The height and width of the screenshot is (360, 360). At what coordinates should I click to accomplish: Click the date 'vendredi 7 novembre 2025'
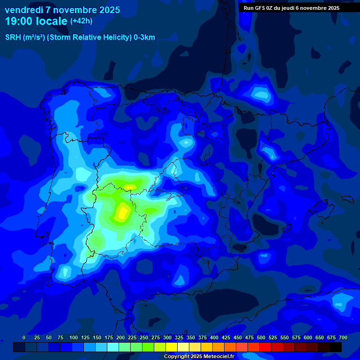(x=62, y=10)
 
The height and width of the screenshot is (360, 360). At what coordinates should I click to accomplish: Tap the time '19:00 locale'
(x=37, y=21)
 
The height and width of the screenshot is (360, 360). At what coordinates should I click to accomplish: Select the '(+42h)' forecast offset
(x=81, y=21)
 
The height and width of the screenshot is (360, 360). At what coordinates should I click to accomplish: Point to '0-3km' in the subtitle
(x=144, y=37)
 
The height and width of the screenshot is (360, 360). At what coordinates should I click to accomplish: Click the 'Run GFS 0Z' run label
(x=262, y=8)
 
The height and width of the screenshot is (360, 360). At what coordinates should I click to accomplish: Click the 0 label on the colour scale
(x=24, y=337)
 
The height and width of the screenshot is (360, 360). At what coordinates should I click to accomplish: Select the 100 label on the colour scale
(x=74, y=337)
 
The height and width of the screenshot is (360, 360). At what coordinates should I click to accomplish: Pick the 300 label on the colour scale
(x=167, y=337)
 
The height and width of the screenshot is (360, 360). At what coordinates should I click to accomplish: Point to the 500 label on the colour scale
(x=261, y=337)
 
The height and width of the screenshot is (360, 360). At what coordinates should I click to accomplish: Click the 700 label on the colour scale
(x=343, y=337)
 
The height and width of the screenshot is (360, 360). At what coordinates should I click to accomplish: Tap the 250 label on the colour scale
(x=144, y=337)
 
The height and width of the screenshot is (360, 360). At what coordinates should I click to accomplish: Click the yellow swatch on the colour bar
(x=172, y=347)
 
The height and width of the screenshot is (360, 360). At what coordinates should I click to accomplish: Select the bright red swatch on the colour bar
(x=265, y=347)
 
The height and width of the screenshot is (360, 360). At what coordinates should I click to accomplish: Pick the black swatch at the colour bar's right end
(x=336, y=347)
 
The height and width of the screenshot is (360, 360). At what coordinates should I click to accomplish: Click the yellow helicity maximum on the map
(x=122, y=213)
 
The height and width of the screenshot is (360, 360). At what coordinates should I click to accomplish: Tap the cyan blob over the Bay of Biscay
(x=259, y=94)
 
